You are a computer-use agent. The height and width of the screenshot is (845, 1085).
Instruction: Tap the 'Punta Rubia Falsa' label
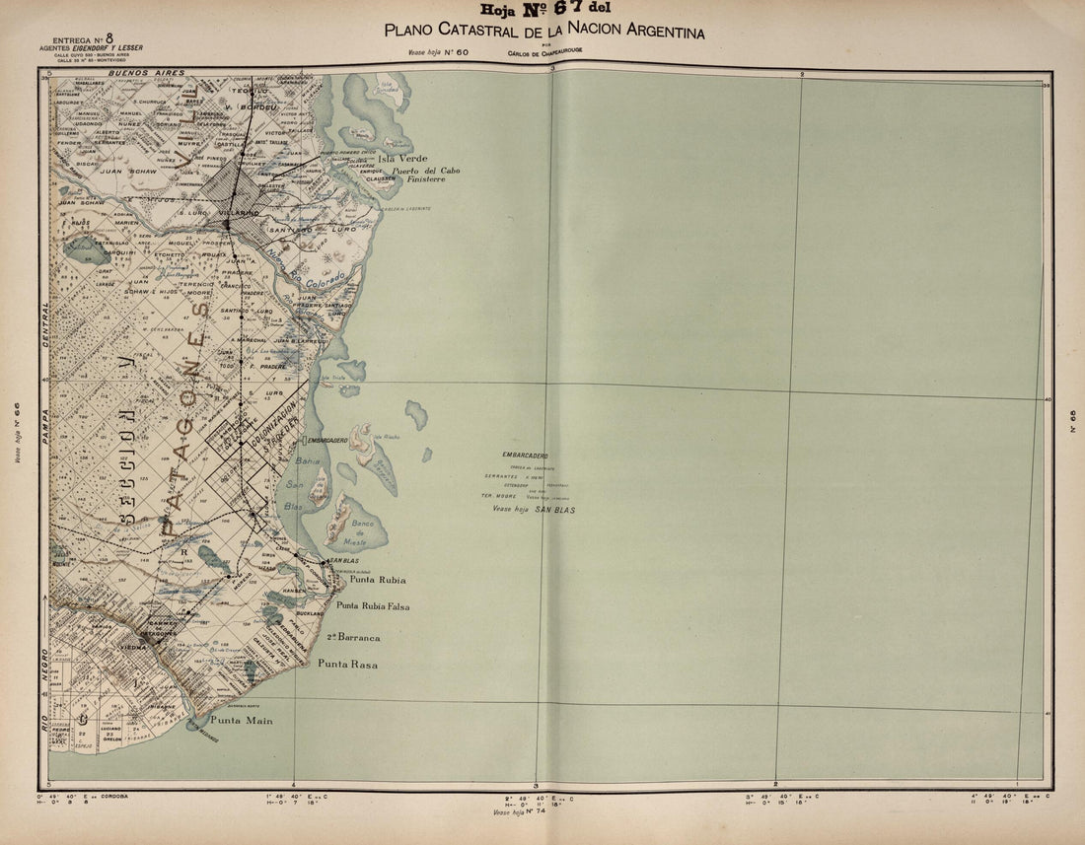coord(372,606)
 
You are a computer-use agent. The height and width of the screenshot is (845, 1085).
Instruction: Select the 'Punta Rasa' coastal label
coord(346,665)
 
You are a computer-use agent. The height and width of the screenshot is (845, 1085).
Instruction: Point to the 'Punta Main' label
coord(241,721)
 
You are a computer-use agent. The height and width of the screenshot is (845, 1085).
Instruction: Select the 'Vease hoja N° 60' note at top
coord(439,54)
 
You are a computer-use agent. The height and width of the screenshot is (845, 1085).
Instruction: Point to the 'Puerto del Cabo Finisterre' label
coord(425,175)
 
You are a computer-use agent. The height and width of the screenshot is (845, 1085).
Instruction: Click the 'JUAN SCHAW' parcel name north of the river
coord(125,171)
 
